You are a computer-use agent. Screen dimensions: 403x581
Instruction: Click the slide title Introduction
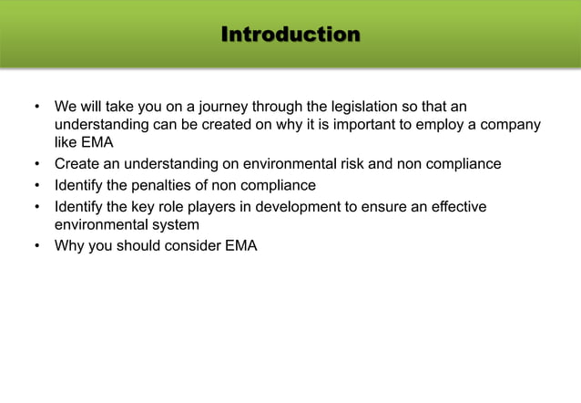click(x=290, y=36)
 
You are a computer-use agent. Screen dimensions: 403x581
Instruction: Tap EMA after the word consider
click(x=240, y=245)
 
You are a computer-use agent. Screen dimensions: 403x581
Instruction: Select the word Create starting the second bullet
click(x=76, y=164)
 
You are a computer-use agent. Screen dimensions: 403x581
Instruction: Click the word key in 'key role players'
click(x=146, y=207)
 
